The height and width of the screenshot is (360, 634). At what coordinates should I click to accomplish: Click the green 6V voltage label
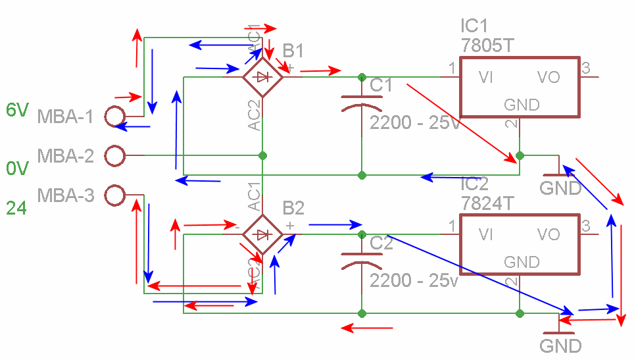[x=17, y=110]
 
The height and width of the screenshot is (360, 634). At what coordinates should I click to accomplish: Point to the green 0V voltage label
[x=17, y=169]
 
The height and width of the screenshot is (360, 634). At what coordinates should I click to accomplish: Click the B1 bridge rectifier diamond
[x=262, y=77]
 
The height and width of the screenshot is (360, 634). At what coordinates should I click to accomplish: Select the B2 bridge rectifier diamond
[x=262, y=234]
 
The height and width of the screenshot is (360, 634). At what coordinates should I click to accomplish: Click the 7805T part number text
[x=487, y=45]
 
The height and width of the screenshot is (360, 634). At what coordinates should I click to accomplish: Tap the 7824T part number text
[x=487, y=203]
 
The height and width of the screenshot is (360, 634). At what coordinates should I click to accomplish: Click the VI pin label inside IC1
[x=487, y=78]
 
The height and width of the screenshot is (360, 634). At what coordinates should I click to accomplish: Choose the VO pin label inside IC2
[x=548, y=234]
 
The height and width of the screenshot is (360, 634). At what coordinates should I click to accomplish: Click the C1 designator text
[x=381, y=86]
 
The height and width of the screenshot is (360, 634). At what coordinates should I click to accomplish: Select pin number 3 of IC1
[x=586, y=67]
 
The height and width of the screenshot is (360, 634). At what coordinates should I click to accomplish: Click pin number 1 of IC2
[x=452, y=225]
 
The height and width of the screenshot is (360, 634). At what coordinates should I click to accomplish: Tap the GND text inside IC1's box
[x=522, y=105]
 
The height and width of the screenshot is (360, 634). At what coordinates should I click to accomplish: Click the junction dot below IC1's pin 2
[x=520, y=156]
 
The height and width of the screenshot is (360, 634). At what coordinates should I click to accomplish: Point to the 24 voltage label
[x=16, y=209]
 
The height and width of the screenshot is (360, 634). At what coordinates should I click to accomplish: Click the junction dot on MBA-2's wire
[x=262, y=156]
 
